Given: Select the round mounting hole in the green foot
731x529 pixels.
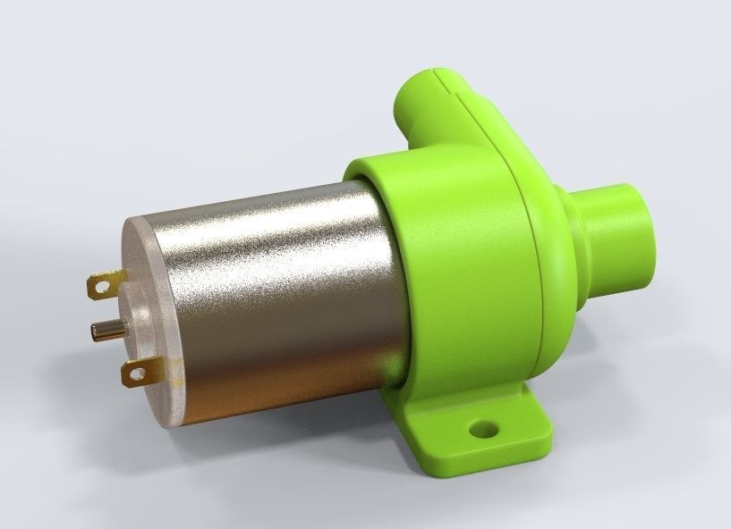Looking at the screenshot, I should click(485, 429).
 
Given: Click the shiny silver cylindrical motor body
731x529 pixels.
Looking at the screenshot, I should click(268, 286).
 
